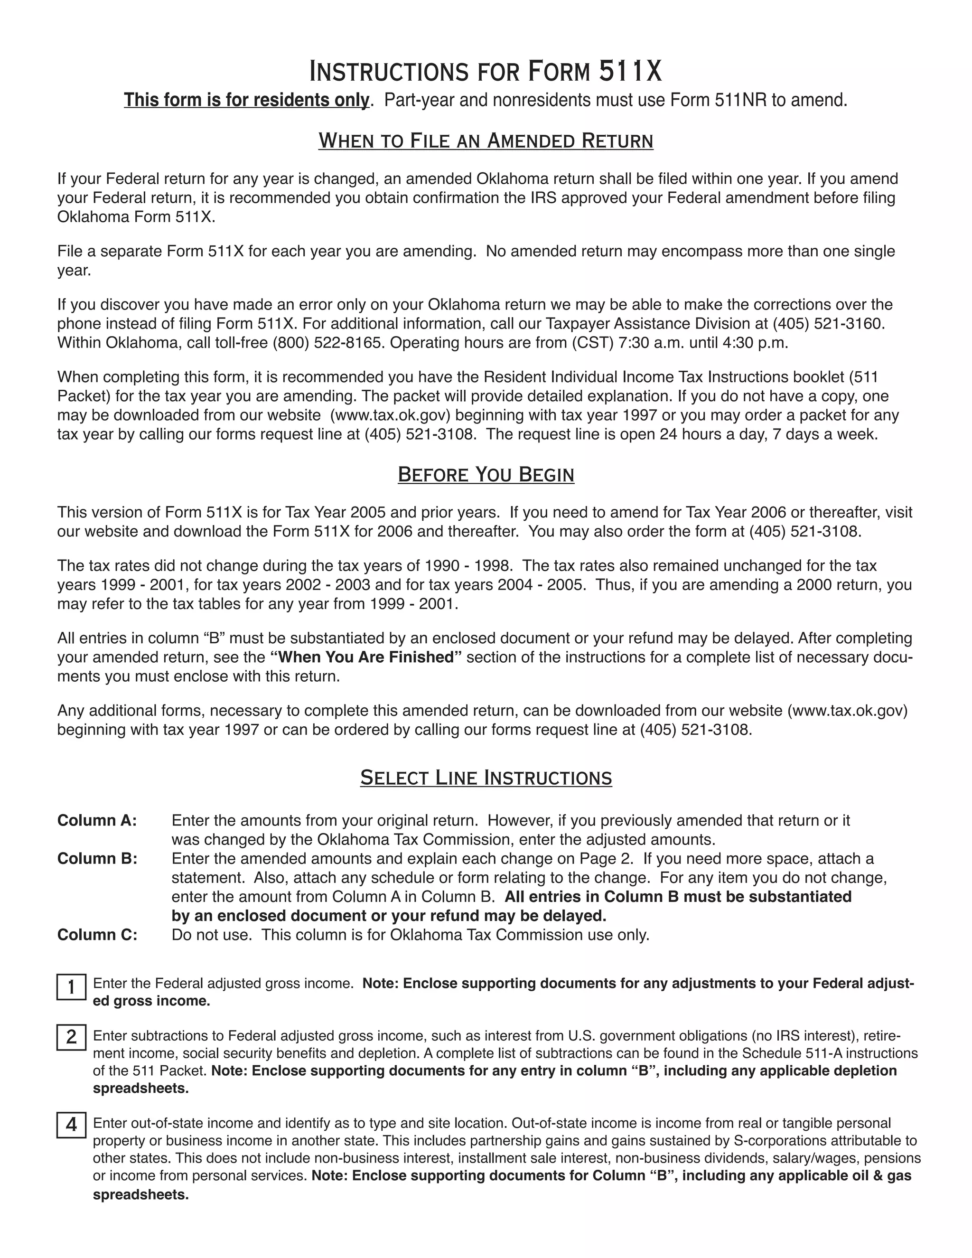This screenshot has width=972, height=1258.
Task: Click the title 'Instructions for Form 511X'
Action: click(x=486, y=71)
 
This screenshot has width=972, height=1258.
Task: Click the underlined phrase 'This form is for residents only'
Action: click(x=246, y=100)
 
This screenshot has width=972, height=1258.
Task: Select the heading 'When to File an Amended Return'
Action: click(x=486, y=141)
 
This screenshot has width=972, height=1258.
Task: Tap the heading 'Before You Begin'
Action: click(x=486, y=475)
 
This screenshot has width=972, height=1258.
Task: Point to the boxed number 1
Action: click(x=71, y=987)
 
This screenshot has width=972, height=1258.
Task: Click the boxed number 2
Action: click(x=71, y=1037)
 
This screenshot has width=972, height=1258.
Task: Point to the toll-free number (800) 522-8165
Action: click(x=327, y=343)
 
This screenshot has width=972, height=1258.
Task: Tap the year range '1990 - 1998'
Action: click(x=468, y=566)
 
